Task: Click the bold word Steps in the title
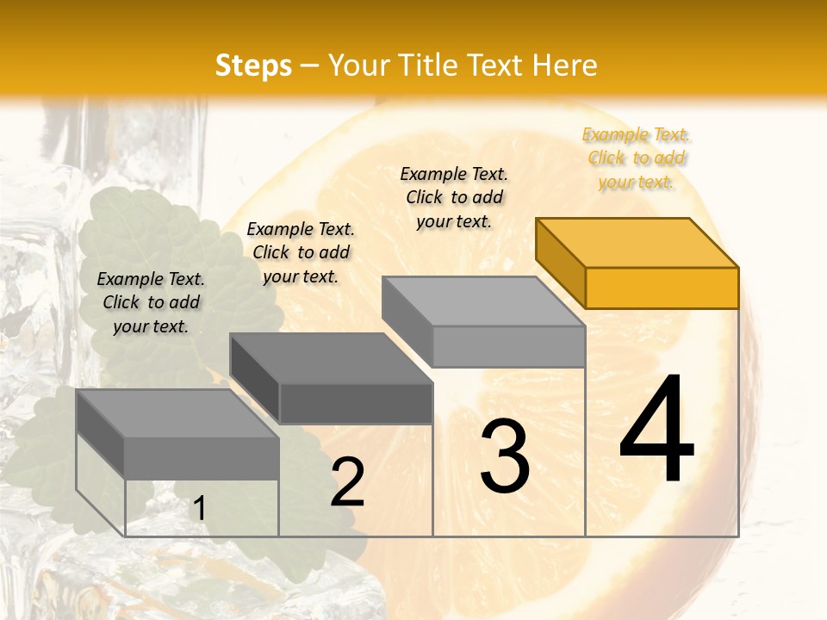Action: [253, 65]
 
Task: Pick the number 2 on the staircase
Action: [347, 482]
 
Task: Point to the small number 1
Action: [199, 509]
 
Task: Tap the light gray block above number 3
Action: [484, 320]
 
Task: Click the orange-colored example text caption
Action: [637, 158]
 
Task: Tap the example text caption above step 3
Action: [454, 197]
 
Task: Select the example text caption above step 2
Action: [301, 252]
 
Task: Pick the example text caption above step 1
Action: [151, 302]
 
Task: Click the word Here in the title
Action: [564, 65]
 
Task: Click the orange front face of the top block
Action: [662, 288]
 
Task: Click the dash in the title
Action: [310, 66]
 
